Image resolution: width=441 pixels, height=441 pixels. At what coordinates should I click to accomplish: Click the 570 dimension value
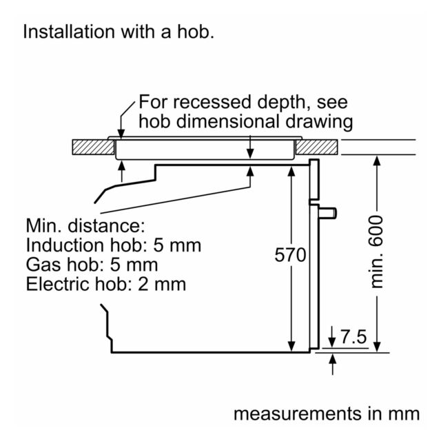(x=290, y=255)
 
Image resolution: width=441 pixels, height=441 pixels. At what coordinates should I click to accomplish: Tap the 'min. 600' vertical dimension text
(x=376, y=252)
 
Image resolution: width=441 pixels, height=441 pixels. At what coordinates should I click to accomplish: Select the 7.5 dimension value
(x=353, y=337)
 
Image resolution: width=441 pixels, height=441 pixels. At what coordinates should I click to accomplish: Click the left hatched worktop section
(x=94, y=147)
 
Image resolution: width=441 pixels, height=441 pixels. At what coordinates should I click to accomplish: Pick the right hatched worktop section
(x=317, y=147)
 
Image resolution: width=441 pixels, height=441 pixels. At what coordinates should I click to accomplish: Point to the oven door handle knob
(x=328, y=213)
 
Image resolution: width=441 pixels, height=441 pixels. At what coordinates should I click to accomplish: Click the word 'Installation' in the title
(x=69, y=32)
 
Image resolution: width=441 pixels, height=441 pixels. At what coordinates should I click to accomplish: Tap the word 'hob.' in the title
(x=196, y=32)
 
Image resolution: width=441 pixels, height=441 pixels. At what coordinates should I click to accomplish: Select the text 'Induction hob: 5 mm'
(x=114, y=245)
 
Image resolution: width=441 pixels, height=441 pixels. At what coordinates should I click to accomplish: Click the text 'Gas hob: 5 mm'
(x=92, y=265)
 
